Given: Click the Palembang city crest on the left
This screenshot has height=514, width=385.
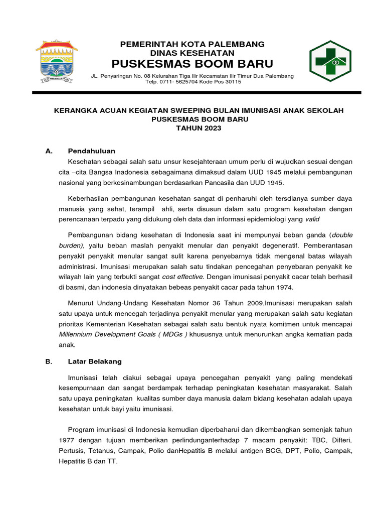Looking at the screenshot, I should click(x=56, y=62).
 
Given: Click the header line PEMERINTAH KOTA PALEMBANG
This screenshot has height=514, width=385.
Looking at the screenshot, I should click(x=192, y=45).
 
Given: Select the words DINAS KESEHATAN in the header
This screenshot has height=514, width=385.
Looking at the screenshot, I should click(x=192, y=53).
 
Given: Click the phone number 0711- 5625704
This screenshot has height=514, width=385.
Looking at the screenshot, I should click(x=181, y=82).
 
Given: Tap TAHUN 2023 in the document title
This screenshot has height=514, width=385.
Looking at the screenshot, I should click(x=199, y=128).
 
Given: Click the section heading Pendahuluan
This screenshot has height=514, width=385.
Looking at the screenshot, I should click(x=92, y=151).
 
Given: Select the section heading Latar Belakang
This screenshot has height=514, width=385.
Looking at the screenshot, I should click(x=95, y=361).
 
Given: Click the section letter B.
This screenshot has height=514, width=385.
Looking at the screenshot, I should click(x=48, y=361).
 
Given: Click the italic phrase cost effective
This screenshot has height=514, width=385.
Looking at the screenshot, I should click(x=182, y=277).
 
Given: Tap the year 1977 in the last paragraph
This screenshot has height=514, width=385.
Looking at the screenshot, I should click(x=67, y=440).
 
